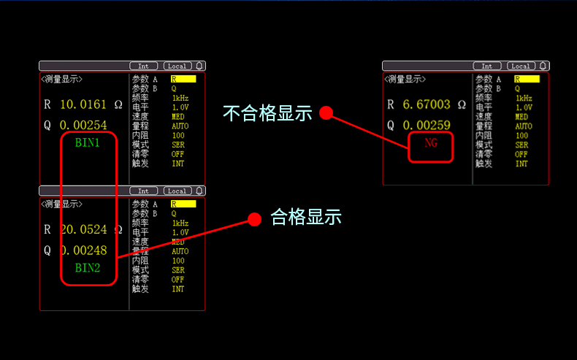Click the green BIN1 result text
point(87,142)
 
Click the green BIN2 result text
point(87,268)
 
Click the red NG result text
point(431,143)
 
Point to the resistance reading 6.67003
point(427,104)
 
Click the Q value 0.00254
point(83,125)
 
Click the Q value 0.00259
point(427,125)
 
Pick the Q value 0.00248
point(83,250)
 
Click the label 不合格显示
point(267,113)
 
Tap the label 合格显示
point(306,217)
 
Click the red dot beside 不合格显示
point(326,113)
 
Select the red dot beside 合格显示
point(254,219)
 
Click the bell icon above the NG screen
point(543,66)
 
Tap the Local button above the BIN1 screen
point(177,66)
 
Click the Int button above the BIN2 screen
point(143,191)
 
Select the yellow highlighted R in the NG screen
point(527,79)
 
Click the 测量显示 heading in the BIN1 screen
point(61,79)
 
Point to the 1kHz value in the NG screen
point(524,98)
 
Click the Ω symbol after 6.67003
point(461,104)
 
